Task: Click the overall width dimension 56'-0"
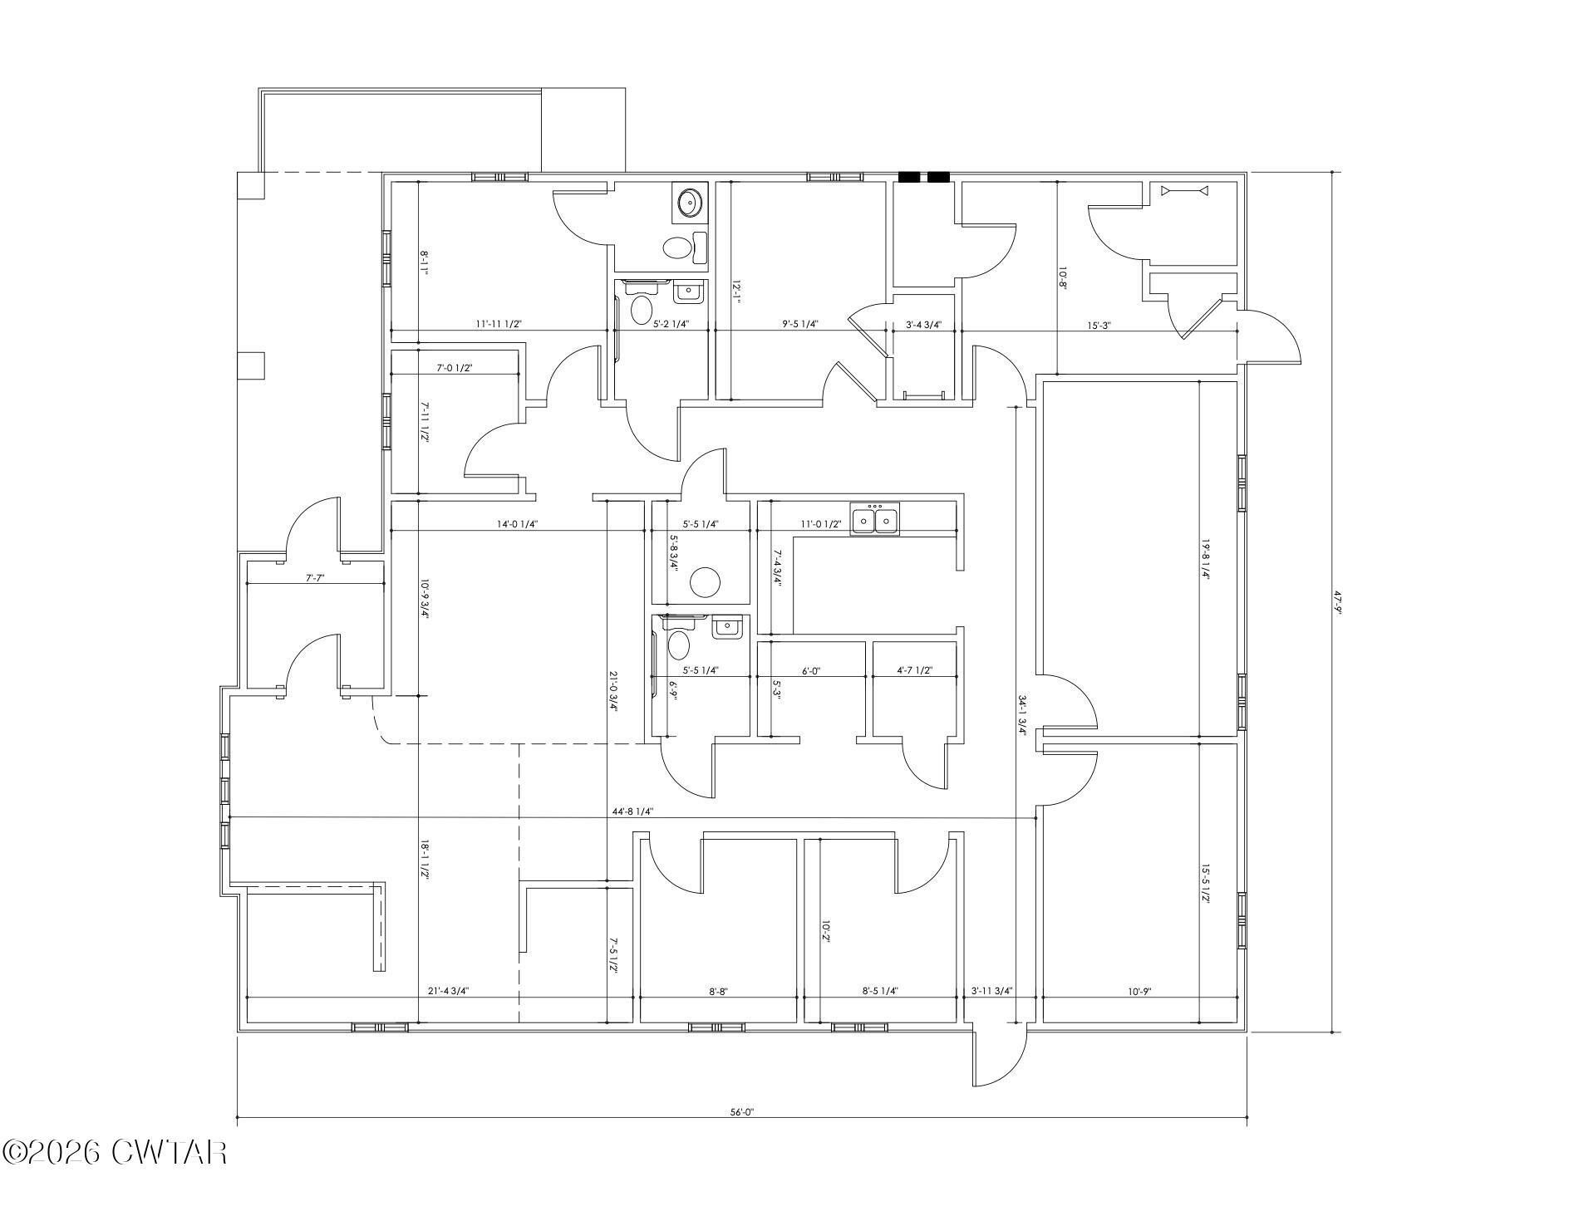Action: click(741, 1111)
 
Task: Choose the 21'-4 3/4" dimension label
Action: click(448, 991)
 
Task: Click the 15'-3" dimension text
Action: click(1097, 326)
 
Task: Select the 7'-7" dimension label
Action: click(314, 577)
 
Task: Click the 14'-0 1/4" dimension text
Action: click(518, 524)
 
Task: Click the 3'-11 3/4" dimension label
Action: click(991, 991)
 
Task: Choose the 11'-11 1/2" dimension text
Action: click(498, 325)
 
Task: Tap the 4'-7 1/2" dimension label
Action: click(914, 670)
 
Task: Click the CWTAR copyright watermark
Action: click(114, 1152)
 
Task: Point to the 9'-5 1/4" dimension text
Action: click(800, 325)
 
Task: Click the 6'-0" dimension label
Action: click(812, 670)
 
